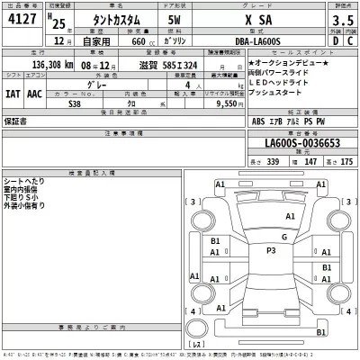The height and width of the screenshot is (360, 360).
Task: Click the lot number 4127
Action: point(24,19)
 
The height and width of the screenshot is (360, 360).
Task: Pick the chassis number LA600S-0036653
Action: point(304,146)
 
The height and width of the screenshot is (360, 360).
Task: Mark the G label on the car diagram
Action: point(283,237)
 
